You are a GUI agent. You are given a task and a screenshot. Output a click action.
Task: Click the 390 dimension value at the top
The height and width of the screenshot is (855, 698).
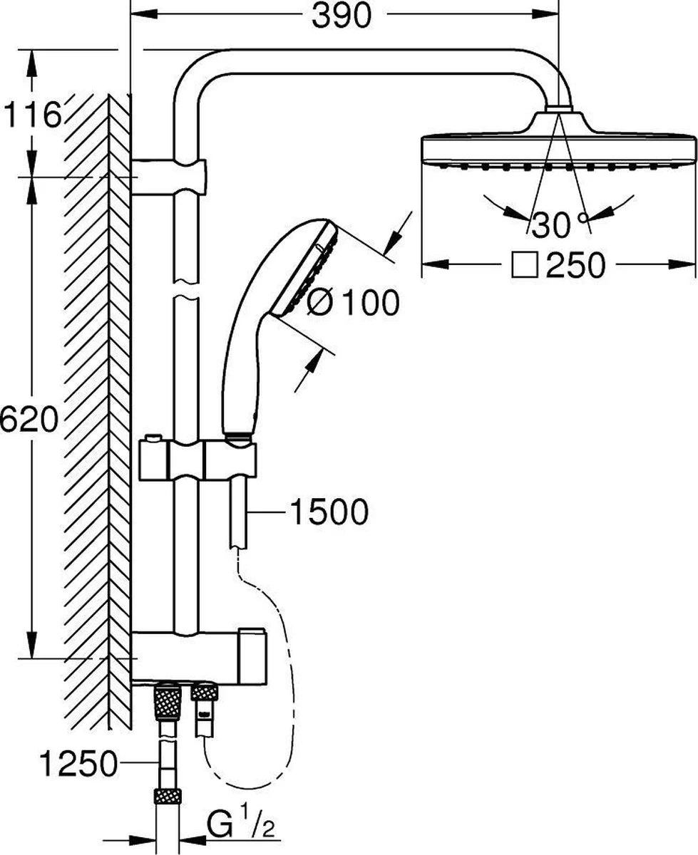341,16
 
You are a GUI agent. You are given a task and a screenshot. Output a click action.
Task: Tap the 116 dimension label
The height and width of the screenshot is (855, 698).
31,115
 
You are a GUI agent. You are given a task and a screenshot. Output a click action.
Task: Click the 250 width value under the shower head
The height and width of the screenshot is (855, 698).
575,266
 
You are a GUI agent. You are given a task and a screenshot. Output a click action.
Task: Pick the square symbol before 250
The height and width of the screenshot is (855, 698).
525,265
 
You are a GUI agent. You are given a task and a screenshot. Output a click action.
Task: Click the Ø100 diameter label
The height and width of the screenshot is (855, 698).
353,302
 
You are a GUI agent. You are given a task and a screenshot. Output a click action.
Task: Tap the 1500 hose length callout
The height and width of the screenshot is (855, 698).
329,512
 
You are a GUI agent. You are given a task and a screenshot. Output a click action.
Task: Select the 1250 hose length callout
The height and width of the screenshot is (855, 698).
78,764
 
